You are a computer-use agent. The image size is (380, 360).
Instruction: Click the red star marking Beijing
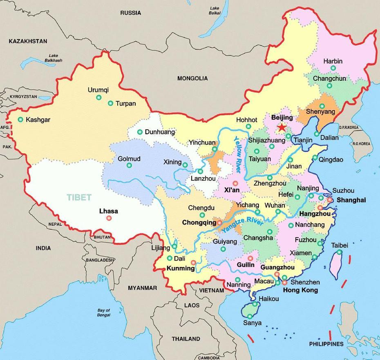click(282, 127)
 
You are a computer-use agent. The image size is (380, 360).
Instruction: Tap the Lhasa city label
click(108, 211)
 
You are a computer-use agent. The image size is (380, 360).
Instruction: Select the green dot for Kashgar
click(20, 120)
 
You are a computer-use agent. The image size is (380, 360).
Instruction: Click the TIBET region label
click(79, 197)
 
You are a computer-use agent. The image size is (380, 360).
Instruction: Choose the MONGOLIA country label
click(192, 78)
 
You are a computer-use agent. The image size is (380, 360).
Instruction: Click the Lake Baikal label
click(215, 11)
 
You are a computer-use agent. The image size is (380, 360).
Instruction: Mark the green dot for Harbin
click(333, 68)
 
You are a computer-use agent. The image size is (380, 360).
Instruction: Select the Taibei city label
click(339, 245)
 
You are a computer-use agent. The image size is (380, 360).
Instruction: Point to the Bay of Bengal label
click(104, 313)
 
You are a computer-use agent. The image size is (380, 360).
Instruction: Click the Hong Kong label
click(300, 290)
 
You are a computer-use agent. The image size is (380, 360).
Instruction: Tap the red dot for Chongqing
click(219, 223)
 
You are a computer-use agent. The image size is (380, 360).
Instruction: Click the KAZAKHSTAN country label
click(28, 41)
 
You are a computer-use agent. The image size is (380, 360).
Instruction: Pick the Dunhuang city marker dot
click(140, 132)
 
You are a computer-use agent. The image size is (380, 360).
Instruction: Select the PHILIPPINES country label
click(326, 344)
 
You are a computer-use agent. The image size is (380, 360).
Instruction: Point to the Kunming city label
click(180, 269)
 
